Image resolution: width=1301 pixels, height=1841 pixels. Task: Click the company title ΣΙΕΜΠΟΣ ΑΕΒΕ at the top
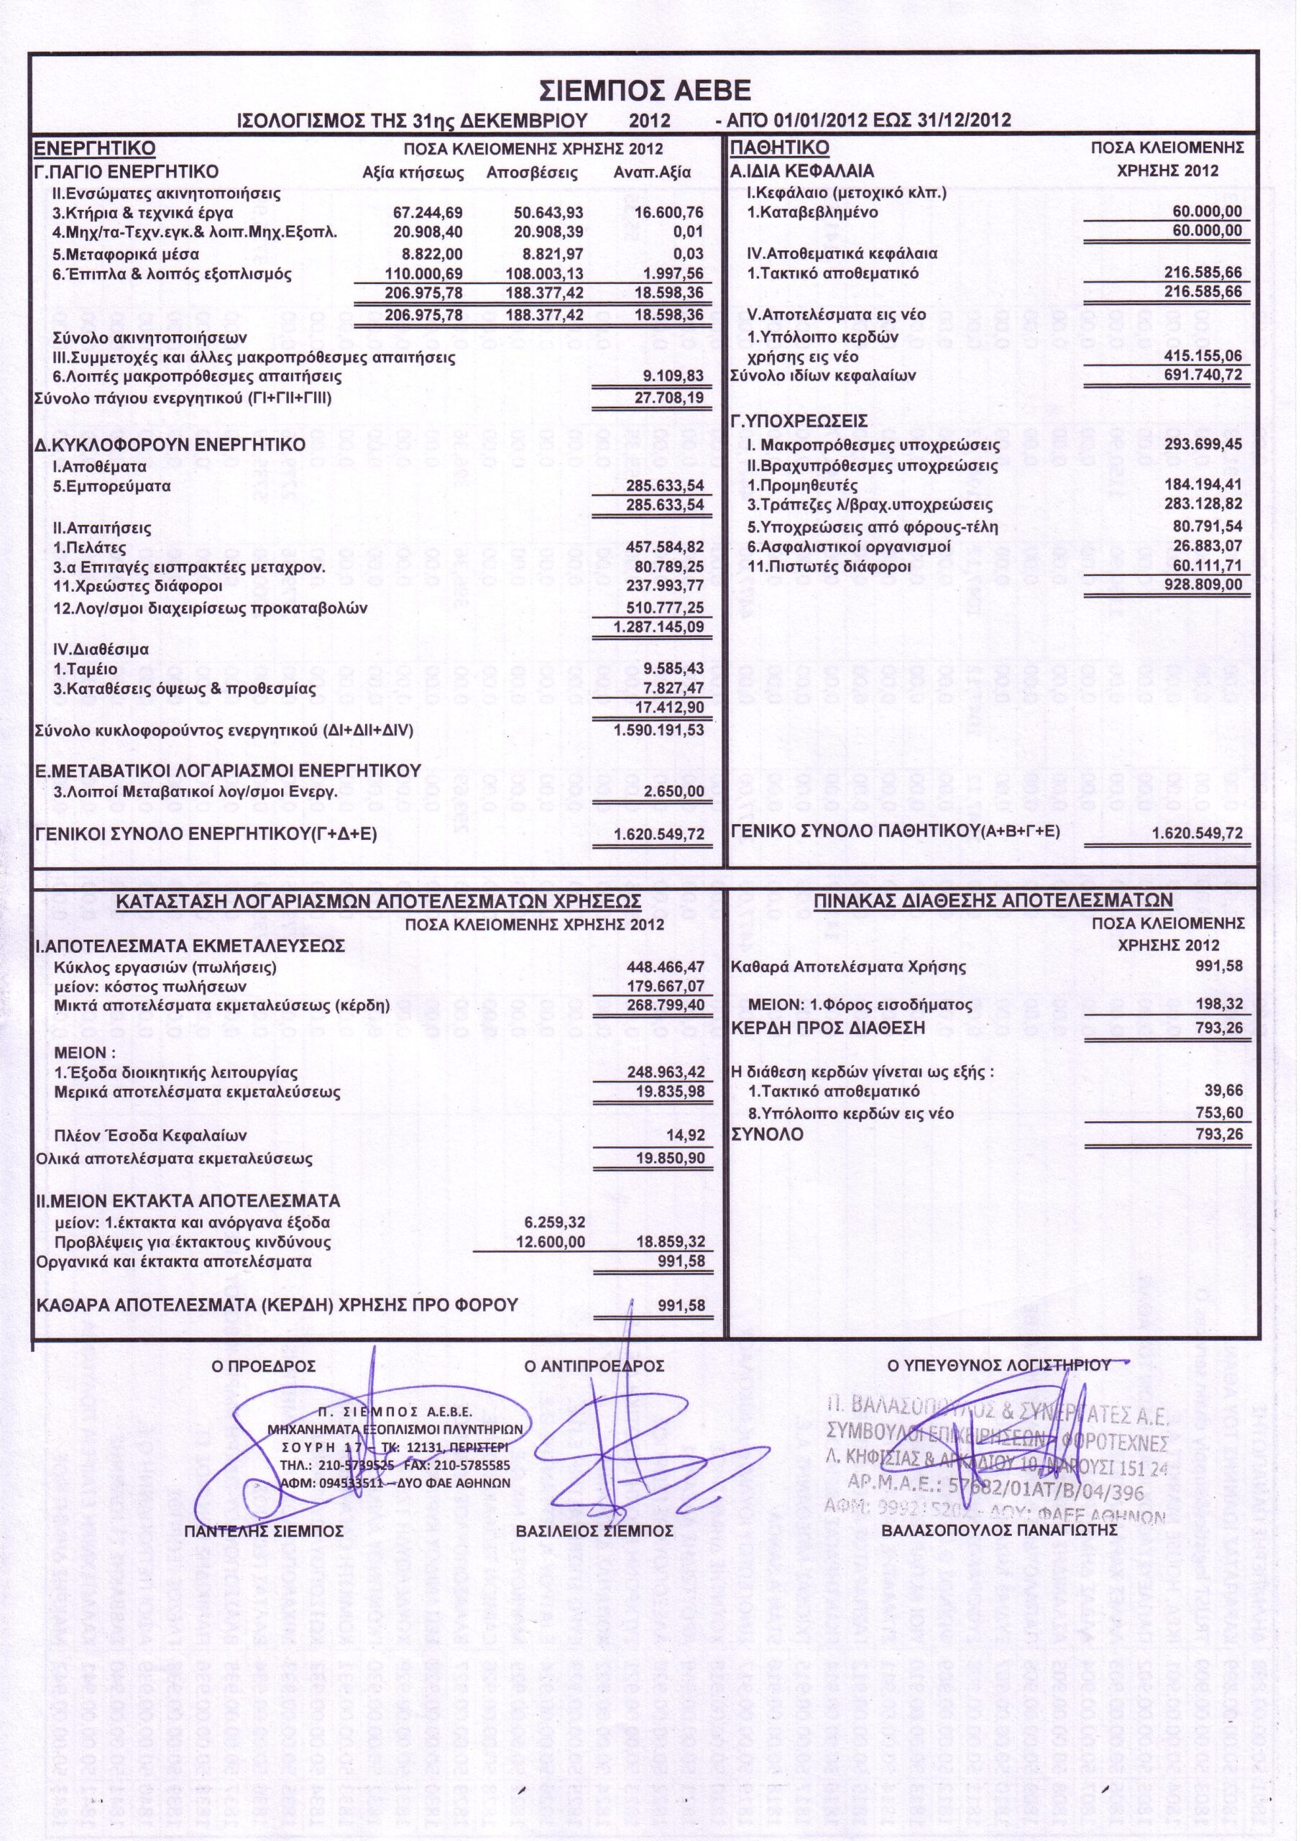(x=645, y=89)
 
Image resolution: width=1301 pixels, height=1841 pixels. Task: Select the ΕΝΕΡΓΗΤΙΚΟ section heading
(x=93, y=148)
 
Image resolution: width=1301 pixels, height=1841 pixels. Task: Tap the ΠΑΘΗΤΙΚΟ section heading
(x=779, y=148)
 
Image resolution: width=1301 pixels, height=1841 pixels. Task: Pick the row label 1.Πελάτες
(x=90, y=549)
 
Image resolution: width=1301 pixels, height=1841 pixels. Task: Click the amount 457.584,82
(x=663, y=549)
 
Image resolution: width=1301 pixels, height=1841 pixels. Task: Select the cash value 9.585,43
(x=674, y=669)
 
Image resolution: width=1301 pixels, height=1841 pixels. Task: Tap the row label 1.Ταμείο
(x=85, y=669)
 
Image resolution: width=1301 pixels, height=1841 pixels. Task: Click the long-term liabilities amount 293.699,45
(x=1203, y=445)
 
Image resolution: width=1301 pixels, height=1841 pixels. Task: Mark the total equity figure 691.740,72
(x=1203, y=375)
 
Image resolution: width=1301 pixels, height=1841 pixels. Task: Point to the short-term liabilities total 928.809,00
(x=1203, y=585)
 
